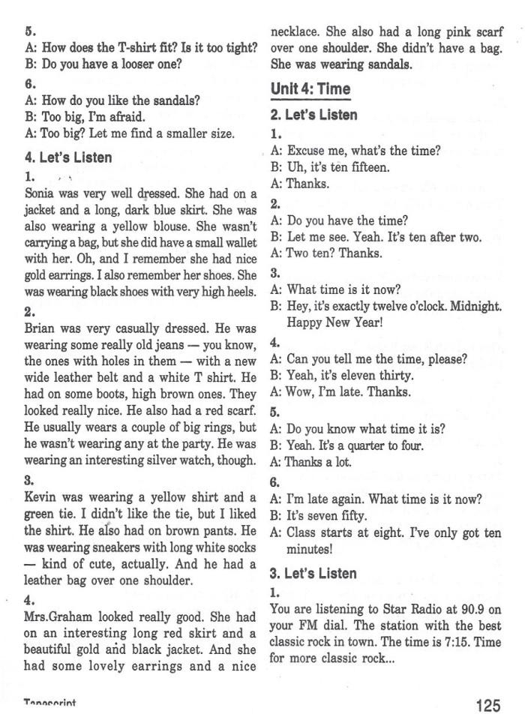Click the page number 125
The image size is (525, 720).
[x=487, y=705]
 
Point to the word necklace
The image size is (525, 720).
[x=295, y=31]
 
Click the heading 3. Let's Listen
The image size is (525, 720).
[x=313, y=573]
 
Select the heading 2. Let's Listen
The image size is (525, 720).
[x=313, y=115]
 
